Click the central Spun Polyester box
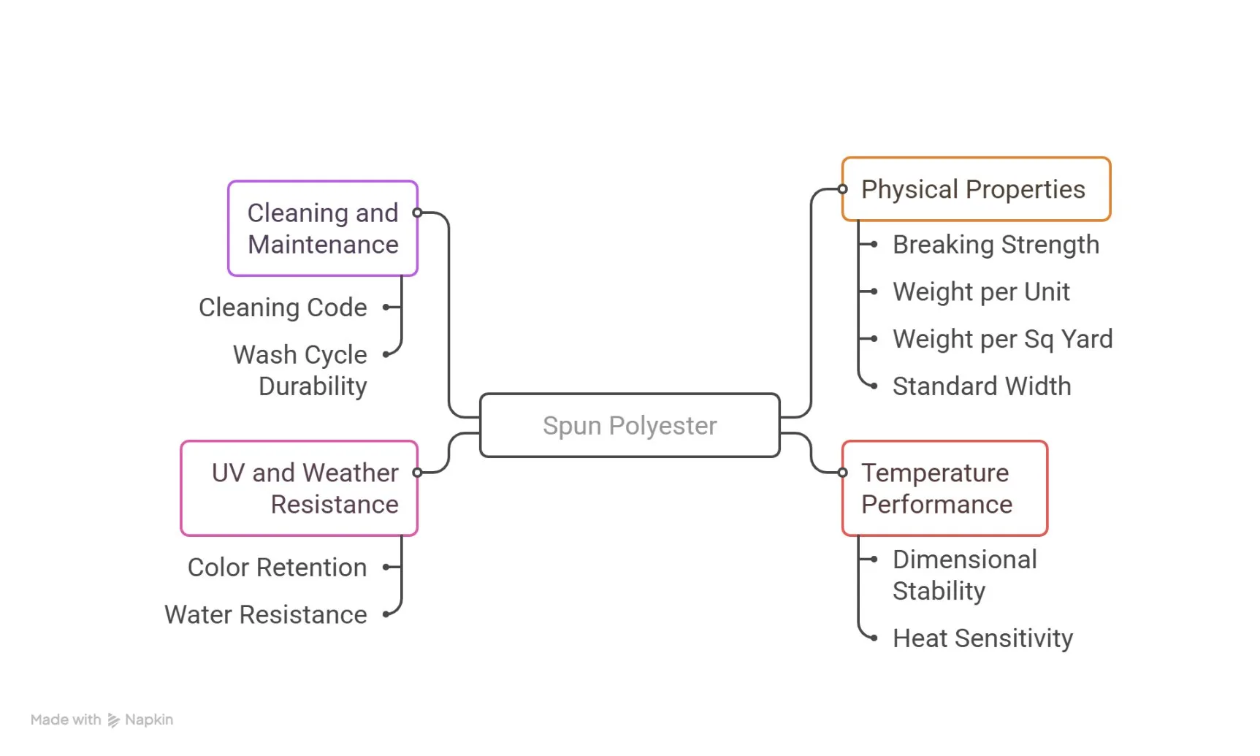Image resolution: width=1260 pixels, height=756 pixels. (630, 425)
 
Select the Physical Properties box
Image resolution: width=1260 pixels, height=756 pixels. (976, 189)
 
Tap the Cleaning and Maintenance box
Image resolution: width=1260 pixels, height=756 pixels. (323, 229)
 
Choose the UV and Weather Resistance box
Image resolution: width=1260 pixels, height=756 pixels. (299, 488)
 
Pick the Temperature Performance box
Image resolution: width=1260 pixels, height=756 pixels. (944, 488)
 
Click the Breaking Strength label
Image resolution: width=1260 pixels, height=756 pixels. (996, 245)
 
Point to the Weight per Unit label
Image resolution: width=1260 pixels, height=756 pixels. (981, 292)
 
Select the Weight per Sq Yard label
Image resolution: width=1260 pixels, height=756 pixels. (1002, 339)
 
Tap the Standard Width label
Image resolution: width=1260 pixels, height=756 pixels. (982, 386)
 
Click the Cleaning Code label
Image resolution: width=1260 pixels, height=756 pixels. (283, 308)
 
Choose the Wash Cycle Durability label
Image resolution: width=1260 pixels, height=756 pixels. (300, 370)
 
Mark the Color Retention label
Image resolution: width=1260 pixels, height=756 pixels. (277, 568)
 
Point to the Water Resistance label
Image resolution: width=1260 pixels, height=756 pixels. (266, 615)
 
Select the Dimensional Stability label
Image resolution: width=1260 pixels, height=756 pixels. (964, 575)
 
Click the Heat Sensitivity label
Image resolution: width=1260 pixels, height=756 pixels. (982, 638)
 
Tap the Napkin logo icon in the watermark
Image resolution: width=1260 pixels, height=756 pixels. (113, 720)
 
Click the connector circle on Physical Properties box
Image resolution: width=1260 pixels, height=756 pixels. (843, 189)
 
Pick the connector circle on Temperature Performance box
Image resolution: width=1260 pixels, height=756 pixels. (843, 473)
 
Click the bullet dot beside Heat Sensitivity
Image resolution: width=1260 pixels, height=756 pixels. (874, 638)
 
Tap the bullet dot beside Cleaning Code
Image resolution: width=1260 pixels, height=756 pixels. (386, 308)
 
